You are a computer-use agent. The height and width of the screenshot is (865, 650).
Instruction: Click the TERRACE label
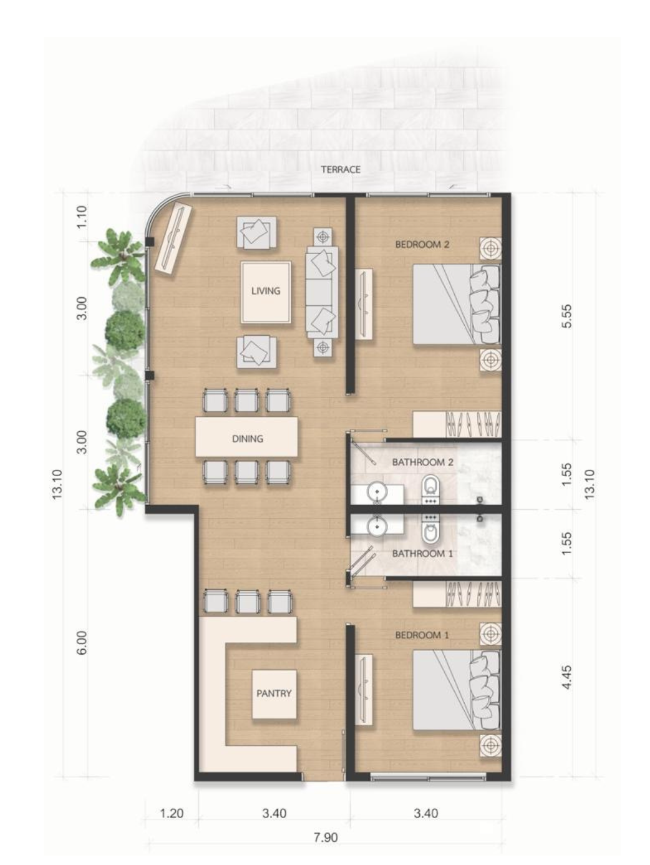(x=341, y=170)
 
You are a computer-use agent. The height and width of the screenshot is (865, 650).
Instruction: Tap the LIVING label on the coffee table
(x=266, y=291)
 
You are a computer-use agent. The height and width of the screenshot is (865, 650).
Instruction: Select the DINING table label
(x=248, y=439)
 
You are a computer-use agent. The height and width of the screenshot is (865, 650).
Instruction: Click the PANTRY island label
(x=274, y=693)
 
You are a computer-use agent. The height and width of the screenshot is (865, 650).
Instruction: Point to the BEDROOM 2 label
(x=422, y=244)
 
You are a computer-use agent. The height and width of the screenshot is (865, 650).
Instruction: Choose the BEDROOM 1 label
(x=422, y=635)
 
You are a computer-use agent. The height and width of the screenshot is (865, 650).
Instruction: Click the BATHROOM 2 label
(x=423, y=462)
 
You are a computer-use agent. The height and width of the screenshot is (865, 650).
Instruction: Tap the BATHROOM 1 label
(x=422, y=554)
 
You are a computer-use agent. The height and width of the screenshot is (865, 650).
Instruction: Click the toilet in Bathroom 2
(x=430, y=491)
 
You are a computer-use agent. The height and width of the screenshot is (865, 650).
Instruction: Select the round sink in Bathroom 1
(x=377, y=525)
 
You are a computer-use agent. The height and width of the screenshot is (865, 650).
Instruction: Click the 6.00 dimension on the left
(x=82, y=643)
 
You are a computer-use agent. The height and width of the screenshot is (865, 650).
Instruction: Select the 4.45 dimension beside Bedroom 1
(x=567, y=677)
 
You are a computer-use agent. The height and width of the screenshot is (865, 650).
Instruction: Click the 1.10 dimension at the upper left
(x=82, y=217)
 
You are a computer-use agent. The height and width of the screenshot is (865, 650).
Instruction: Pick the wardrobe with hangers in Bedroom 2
(x=457, y=424)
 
